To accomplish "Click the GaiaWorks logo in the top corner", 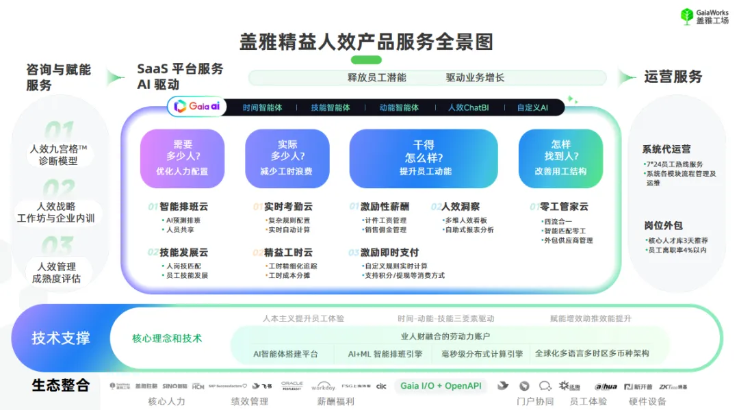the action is click(x=704, y=16).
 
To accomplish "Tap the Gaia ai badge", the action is click(x=197, y=106).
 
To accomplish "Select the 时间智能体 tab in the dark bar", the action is click(x=262, y=107).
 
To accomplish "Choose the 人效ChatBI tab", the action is click(x=468, y=107).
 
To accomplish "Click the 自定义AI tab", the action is click(x=532, y=107).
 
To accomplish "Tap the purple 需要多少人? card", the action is click(x=182, y=158).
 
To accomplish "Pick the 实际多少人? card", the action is click(x=287, y=158).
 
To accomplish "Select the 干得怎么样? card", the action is click(x=424, y=158).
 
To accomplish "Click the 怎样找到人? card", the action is click(x=560, y=158).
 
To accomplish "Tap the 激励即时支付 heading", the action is click(x=389, y=252).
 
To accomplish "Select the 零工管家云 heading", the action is click(x=564, y=206).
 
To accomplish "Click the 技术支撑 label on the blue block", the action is click(x=60, y=338).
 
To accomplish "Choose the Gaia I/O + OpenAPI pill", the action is click(x=441, y=385).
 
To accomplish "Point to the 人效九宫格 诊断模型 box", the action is click(x=58, y=155).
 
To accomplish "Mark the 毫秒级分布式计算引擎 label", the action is click(x=482, y=354).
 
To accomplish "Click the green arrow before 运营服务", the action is click(x=627, y=77).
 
